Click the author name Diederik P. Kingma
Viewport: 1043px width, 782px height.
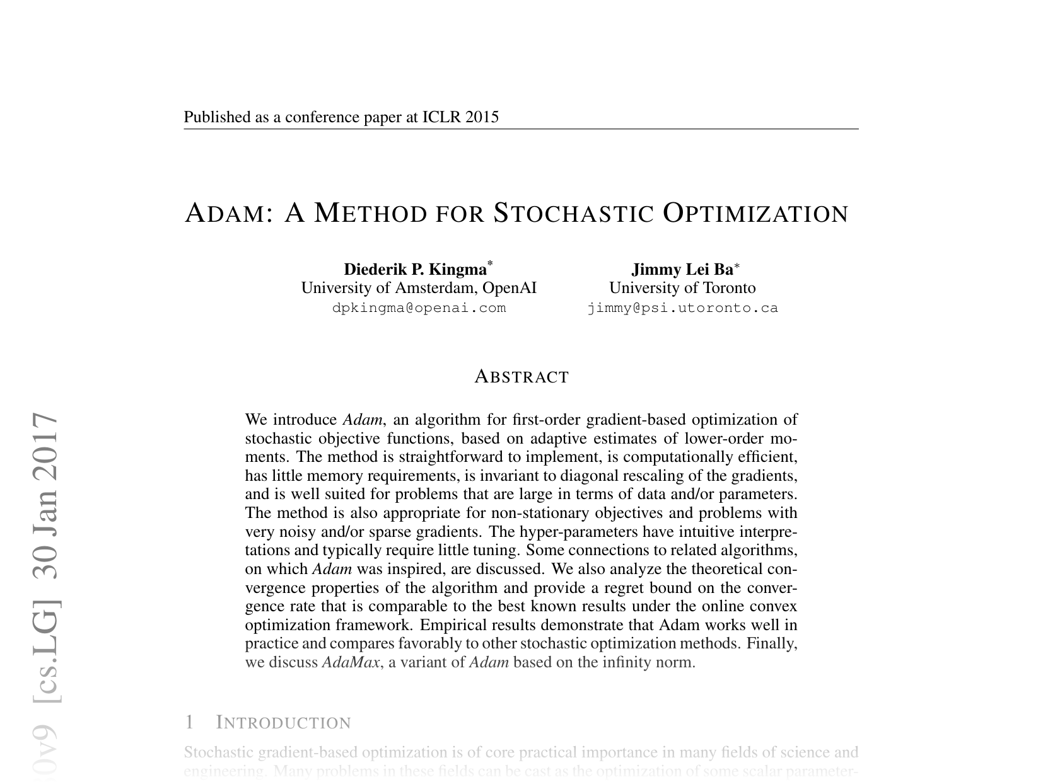click(415, 270)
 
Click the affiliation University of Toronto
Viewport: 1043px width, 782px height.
click(682, 288)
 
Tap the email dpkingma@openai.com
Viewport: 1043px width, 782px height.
click(419, 308)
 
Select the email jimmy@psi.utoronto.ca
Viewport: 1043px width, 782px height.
click(682, 308)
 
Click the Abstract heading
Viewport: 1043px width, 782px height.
click(521, 377)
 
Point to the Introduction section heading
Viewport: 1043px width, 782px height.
click(283, 723)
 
